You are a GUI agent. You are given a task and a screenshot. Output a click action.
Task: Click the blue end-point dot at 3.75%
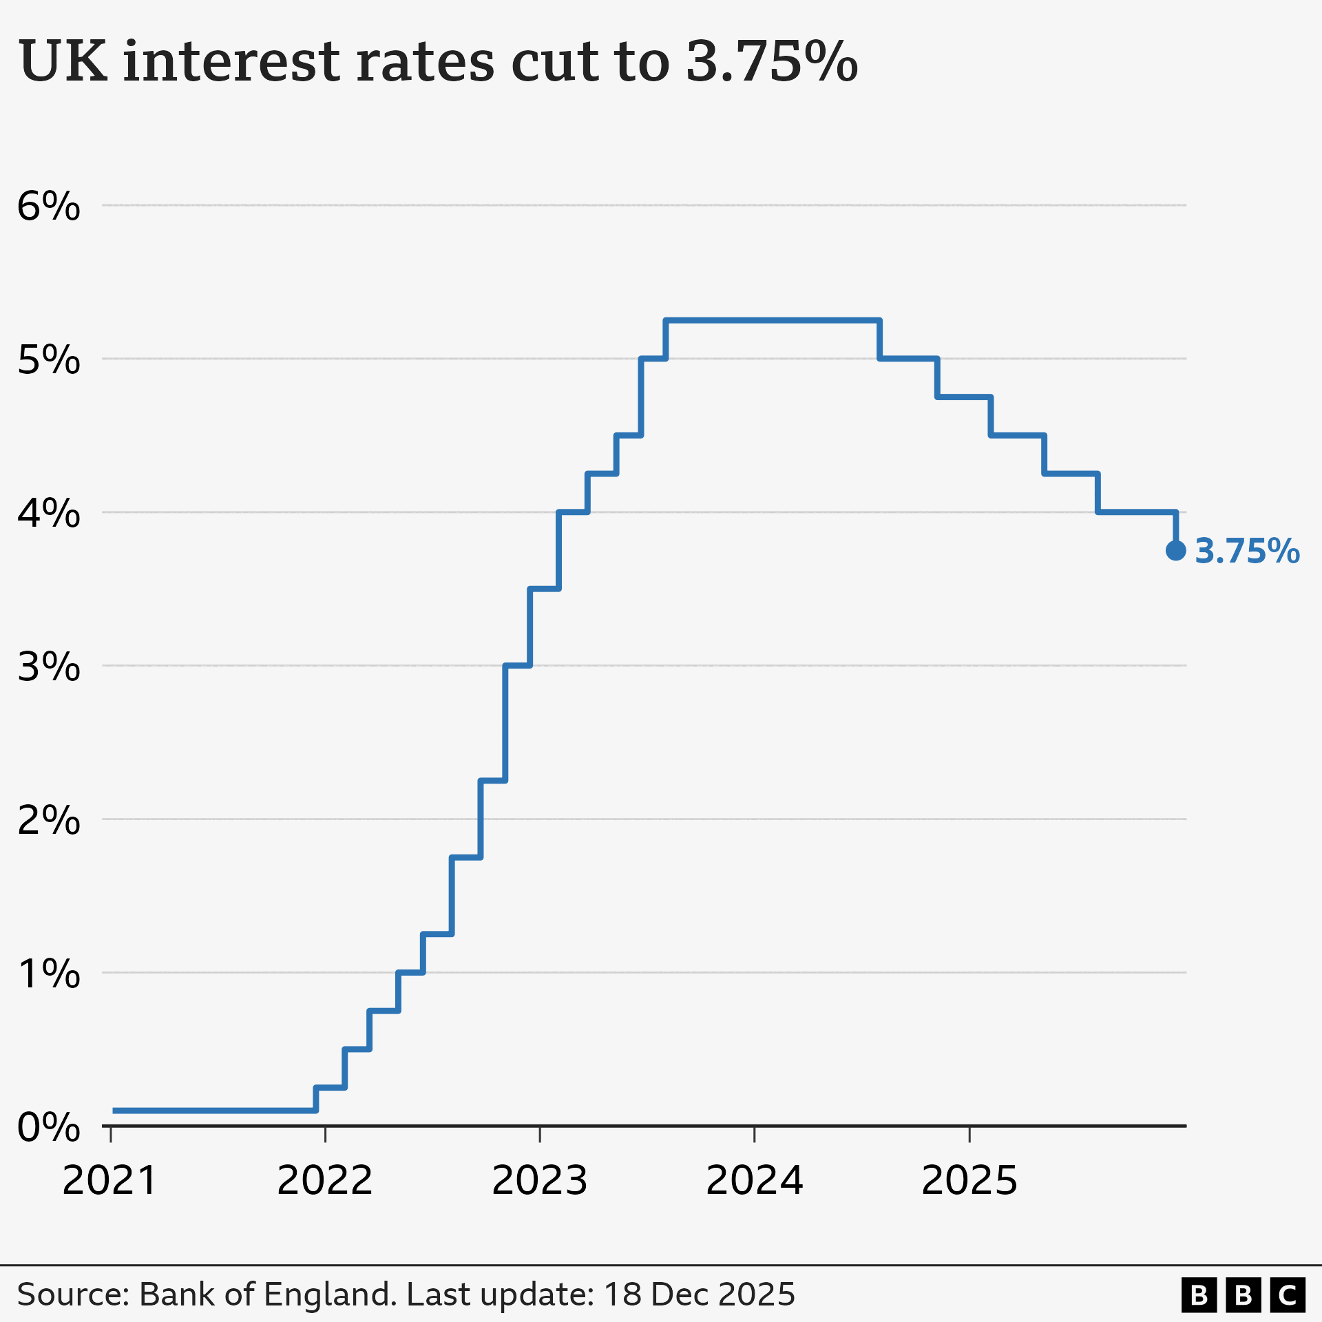click(1175, 550)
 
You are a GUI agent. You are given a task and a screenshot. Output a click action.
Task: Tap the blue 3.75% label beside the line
click(1247, 552)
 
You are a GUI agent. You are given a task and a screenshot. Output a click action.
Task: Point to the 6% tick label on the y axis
click(48, 206)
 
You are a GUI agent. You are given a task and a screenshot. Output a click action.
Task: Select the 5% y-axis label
click(48, 359)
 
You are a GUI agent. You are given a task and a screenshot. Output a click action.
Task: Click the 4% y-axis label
click(48, 513)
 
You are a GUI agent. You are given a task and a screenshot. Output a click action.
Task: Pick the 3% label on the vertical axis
click(48, 667)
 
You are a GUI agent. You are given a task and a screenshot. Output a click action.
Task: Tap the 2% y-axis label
click(48, 820)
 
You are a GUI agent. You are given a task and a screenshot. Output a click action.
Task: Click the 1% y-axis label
click(48, 974)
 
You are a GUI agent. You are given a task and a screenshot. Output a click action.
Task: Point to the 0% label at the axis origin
click(48, 1127)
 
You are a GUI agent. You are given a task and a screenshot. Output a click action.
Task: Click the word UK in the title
click(63, 62)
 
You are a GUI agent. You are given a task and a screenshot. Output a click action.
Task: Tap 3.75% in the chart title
click(771, 62)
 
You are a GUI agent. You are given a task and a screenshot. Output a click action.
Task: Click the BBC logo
click(1244, 1295)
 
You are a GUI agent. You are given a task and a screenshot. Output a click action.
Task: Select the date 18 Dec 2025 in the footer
click(700, 1295)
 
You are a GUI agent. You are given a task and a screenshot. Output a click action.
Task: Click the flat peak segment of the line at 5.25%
click(771, 320)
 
